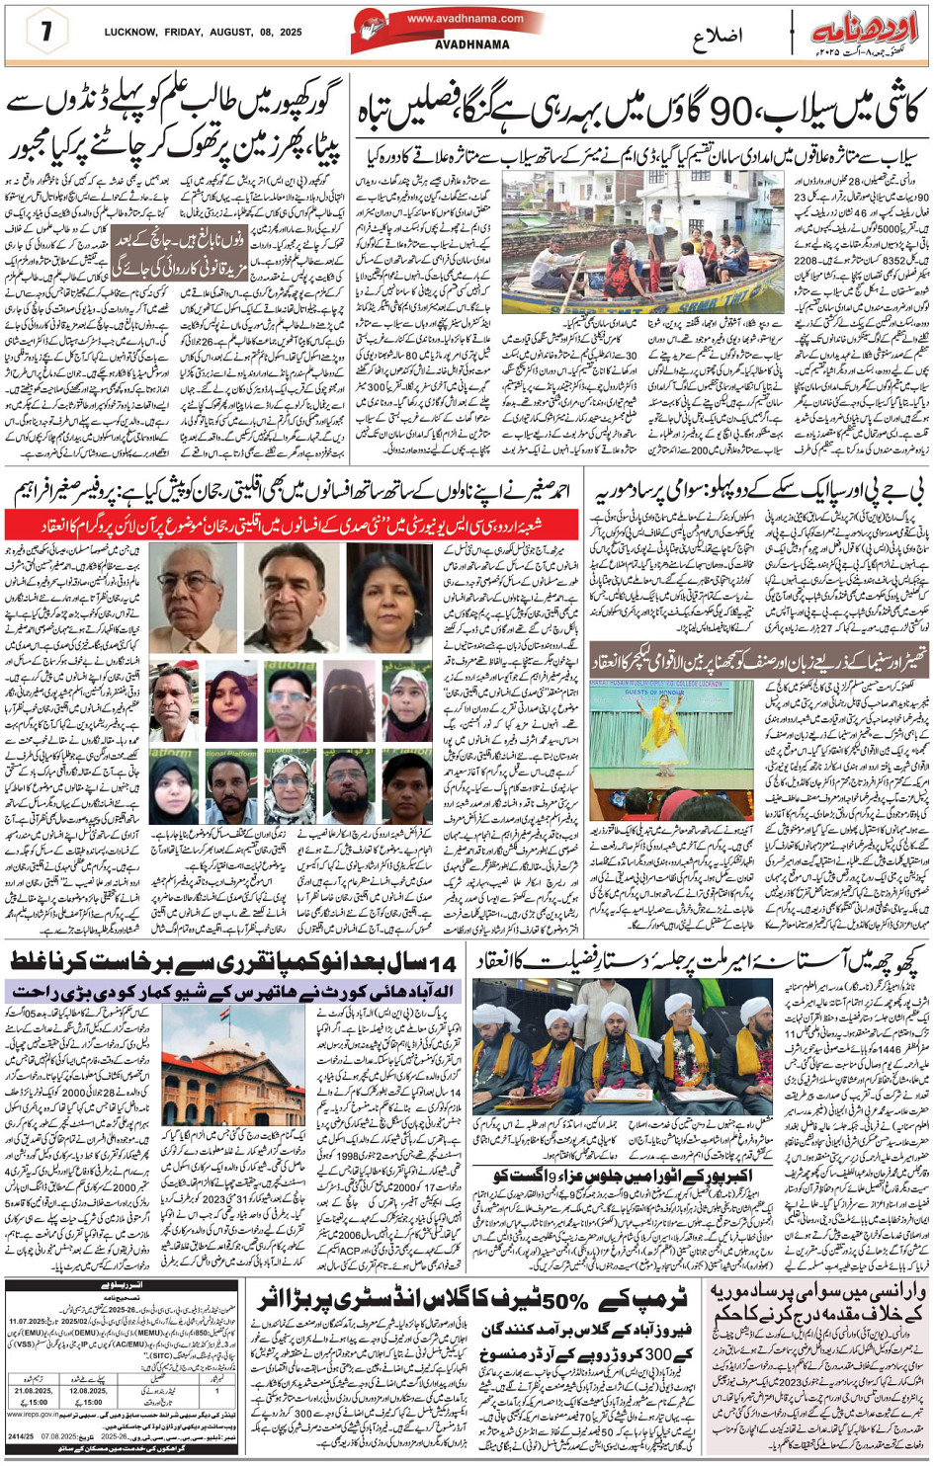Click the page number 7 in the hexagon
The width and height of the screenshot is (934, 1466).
point(46,31)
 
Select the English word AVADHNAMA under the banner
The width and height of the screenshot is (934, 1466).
point(472,44)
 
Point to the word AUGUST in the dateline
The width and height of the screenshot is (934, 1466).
point(218,32)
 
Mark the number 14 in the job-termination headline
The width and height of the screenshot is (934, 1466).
point(445,960)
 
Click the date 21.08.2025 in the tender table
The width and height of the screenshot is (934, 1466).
point(33,1391)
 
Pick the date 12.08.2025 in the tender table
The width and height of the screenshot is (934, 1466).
point(87,1391)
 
